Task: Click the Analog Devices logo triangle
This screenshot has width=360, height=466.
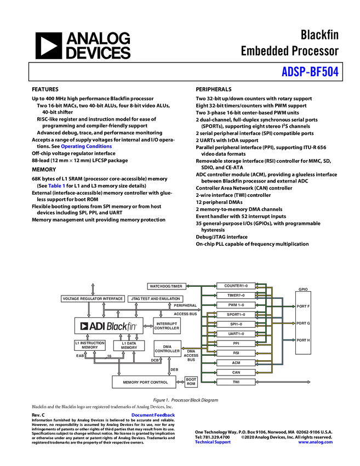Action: (48, 46)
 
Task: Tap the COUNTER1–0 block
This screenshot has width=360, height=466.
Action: (236, 286)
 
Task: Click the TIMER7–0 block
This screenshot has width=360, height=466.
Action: (236, 295)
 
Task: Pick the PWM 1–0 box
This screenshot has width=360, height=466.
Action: (236, 305)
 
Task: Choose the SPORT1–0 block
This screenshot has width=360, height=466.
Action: (236, 315)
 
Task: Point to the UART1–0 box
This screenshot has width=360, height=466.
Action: (236, 334)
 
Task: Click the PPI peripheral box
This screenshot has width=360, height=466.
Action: (236, 343)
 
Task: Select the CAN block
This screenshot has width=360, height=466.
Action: (236, 372)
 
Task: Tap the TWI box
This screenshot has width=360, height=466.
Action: (236, 382)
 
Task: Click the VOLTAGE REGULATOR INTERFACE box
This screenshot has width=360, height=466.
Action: (93, 299)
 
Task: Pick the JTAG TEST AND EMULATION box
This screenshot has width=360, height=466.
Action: (156, 299)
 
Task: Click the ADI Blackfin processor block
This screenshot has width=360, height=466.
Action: (108, 326)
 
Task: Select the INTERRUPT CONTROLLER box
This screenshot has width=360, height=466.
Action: (167, 326)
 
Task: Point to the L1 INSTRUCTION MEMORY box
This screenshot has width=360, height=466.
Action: (90, 345)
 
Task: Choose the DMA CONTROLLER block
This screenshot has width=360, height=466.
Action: (167, 349)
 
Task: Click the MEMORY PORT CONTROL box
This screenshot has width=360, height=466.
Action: (145, 382)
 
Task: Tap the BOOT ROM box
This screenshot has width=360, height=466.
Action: (191, 382)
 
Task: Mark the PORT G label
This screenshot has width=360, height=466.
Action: (303, 323)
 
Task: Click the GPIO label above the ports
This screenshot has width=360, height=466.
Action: (303, 289)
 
